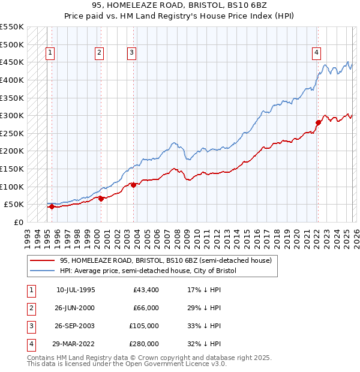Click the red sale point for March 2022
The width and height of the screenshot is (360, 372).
point(318,122)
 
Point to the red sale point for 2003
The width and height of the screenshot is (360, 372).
point(134,185)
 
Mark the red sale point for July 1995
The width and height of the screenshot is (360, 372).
point(52,206)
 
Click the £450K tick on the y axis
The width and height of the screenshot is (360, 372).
point(12,62)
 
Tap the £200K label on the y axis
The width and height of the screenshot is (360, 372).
point(12,151)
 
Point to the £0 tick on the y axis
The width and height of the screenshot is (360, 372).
point(18,222)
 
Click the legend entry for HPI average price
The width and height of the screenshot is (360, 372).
point(148,271)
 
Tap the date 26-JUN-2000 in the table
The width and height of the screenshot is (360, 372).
point(76,308)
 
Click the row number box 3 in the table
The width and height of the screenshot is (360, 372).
point(30,326)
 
